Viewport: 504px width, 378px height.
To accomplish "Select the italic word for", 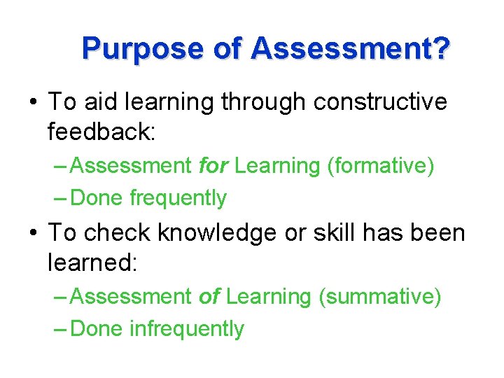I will pyautogui.click(x=213, y=166).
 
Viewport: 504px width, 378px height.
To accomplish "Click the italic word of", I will pyautogui.click(x=209, y=297).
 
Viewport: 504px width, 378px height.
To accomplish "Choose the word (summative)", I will pyautogui.click(x=380, y=297).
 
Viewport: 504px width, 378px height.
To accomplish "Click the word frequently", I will pyautogui.click(x=178, y=198).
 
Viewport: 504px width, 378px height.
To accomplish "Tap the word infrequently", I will pyautogui.click(x=187, y=329).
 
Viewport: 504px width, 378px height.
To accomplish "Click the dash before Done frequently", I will pyautogui.click(x=60, y=199).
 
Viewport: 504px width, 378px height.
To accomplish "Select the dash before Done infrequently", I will pyautogui.click(x=60, y=330).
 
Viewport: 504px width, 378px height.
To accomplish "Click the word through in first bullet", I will pyautogui.click(x=265, y=102).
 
